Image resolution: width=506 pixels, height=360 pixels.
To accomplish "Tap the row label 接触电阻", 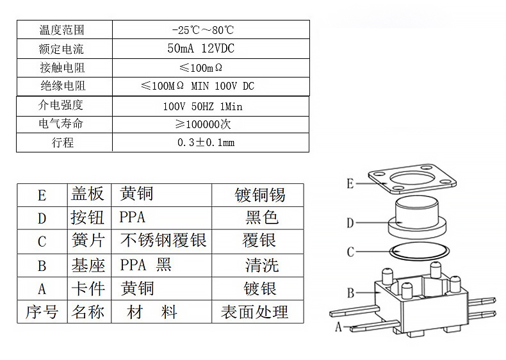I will click(x=62, y=68).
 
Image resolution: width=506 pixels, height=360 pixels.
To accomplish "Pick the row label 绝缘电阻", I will click(x=62, y=86).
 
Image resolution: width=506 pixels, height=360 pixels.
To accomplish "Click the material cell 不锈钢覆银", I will click(x=163, y=240).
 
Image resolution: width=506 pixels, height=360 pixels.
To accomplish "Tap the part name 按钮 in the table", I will click(x=87, y=218).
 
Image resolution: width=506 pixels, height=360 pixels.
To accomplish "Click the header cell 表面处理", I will click(x=254, y=312).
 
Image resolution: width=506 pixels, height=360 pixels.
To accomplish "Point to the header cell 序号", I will click(x=42, y=312).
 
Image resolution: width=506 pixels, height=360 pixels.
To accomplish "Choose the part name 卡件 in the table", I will click(x=87, y=288).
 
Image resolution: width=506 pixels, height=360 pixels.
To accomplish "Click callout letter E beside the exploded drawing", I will click(x=350, y=184).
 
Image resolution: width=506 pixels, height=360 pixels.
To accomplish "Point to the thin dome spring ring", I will click(x=416, y=252).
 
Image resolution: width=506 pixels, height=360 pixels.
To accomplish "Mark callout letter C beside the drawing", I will click(x=350, y=252).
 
